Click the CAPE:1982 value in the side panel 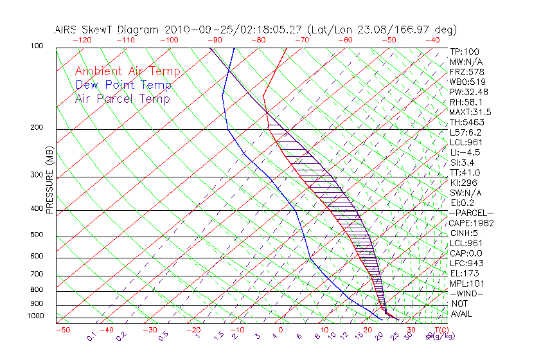(x=471, y=223)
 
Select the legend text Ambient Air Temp (x=127, y=71)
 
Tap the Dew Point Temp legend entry (x=123, y=85)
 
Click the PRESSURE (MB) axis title (x=49, y=179)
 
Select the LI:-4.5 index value (x=465, y=152)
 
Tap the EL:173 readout (x=463, y=273)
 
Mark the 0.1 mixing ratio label (x=92, y=336)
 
